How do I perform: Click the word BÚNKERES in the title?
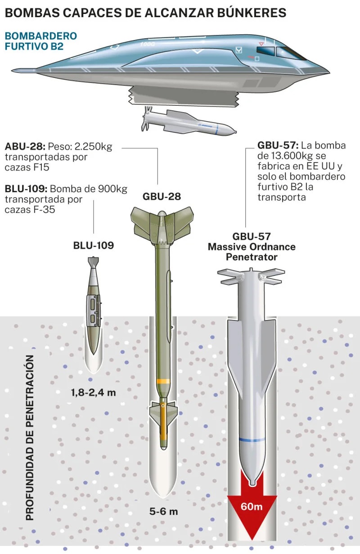coord(252,12)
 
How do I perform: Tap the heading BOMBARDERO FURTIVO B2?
coord(41,41)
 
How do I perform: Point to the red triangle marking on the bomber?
coord(261,44)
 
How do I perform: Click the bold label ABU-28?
coord(25,146)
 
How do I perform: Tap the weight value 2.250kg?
coord(93,146)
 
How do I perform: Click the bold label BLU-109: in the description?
coord(26,189)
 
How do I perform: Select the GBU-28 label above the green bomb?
coord(162,196)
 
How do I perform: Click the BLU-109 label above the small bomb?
coord(94,245)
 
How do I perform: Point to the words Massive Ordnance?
coord(252,247)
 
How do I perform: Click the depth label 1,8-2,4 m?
coord(94,392)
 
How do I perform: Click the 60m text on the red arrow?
coord(252,506)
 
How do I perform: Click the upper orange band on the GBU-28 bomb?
coord(163,381)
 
